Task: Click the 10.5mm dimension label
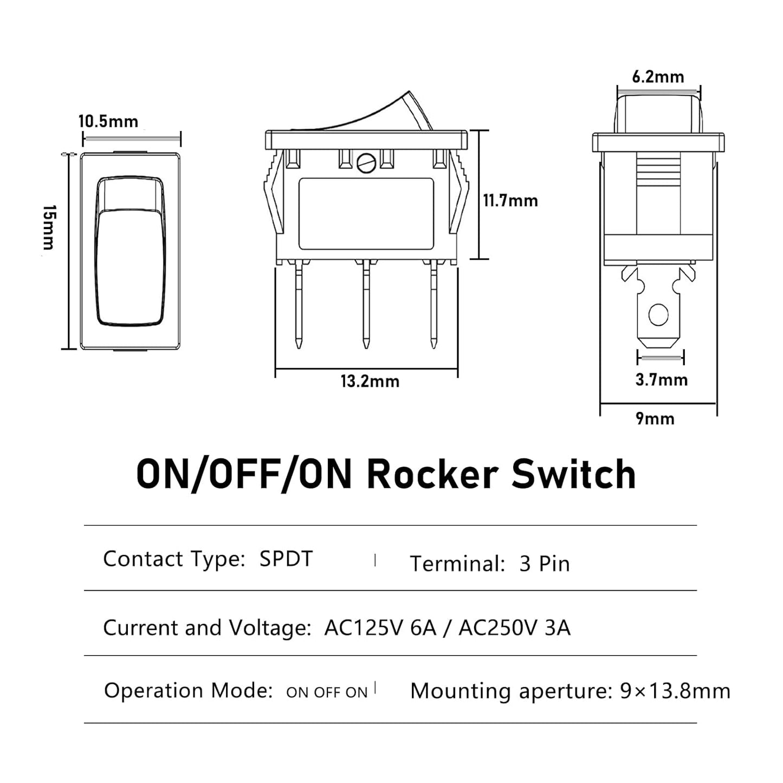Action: [108, 121]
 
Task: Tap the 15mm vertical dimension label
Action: [49, 228]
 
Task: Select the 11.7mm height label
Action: [510, 201]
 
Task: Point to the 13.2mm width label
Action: [370, 381]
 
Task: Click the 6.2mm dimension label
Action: [658, 77]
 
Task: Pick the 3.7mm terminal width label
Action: [661, 380]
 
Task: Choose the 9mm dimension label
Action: [655, 419]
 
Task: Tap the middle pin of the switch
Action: [366, 303]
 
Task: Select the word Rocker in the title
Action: [432, 474]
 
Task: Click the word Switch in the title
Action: [574, 474]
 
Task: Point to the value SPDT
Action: [286, 559]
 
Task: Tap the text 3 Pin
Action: [544, 564]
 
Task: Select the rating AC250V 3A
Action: [514, 628]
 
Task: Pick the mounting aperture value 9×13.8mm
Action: [675, 691]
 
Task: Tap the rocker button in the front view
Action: [130, 252]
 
